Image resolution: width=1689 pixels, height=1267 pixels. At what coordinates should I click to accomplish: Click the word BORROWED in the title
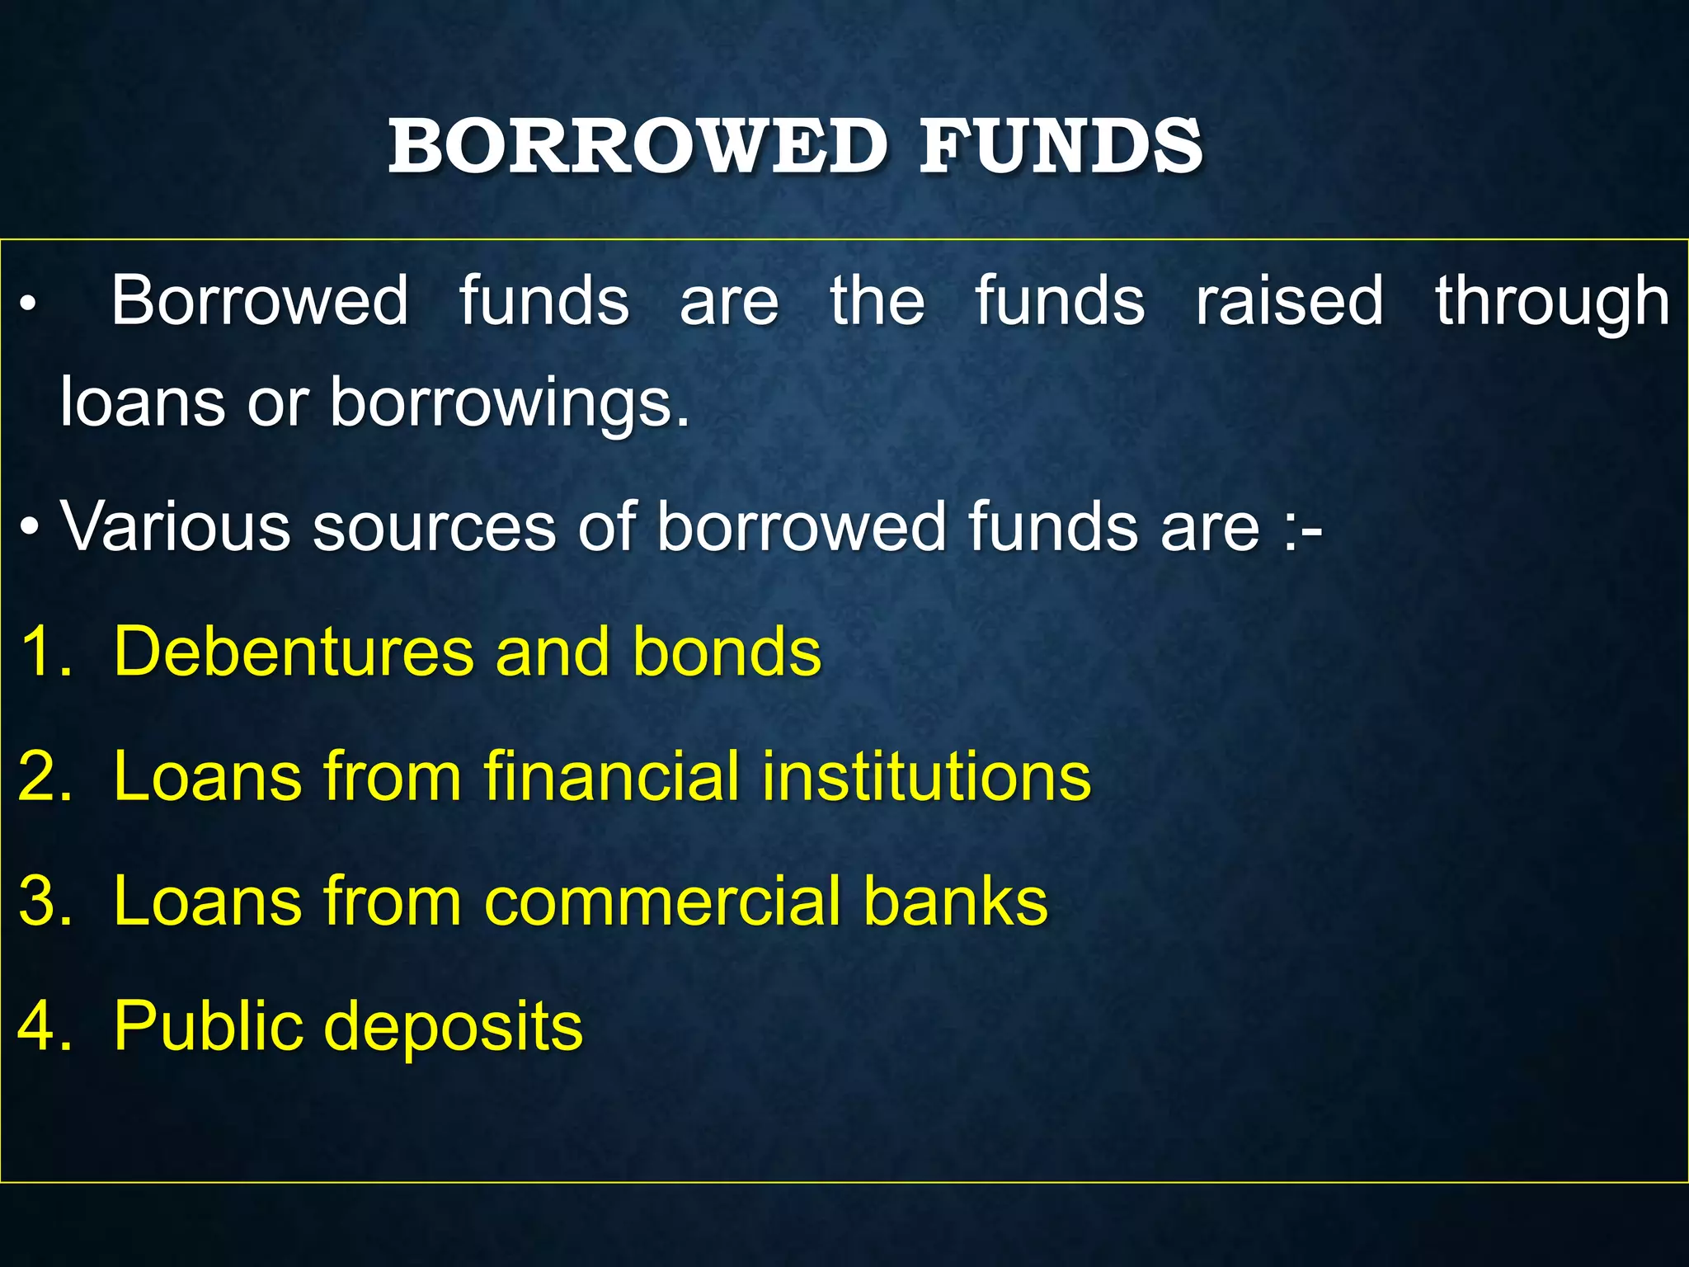637,146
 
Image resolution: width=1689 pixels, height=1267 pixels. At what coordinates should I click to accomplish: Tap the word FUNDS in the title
1061,146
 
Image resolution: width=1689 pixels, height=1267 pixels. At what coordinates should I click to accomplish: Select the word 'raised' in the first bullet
1289,300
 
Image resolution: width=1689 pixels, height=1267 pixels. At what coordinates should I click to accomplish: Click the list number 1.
45,652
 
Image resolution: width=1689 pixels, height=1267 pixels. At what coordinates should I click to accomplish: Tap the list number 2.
45,776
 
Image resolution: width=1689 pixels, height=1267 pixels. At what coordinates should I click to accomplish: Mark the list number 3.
45,901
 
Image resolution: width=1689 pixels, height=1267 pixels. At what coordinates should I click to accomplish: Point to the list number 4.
45,1026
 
